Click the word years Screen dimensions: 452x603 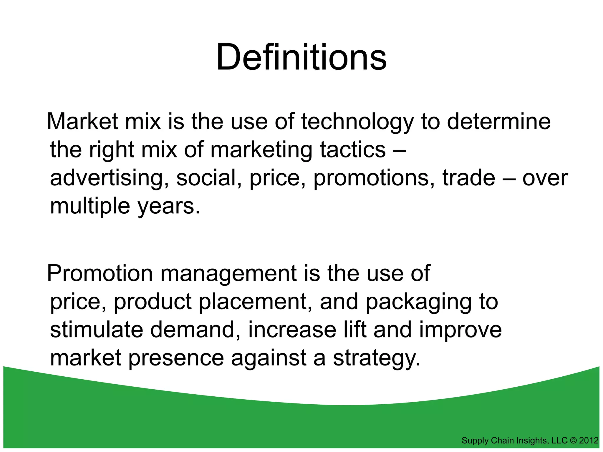pyautogui.click(x=169, y=207)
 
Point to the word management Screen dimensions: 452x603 pyautogui.click(x=228, y=274)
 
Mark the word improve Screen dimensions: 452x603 pyautogui.click(x=460, y=330)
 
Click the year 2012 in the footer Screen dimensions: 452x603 pyautogui.click(x=589, y=441)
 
